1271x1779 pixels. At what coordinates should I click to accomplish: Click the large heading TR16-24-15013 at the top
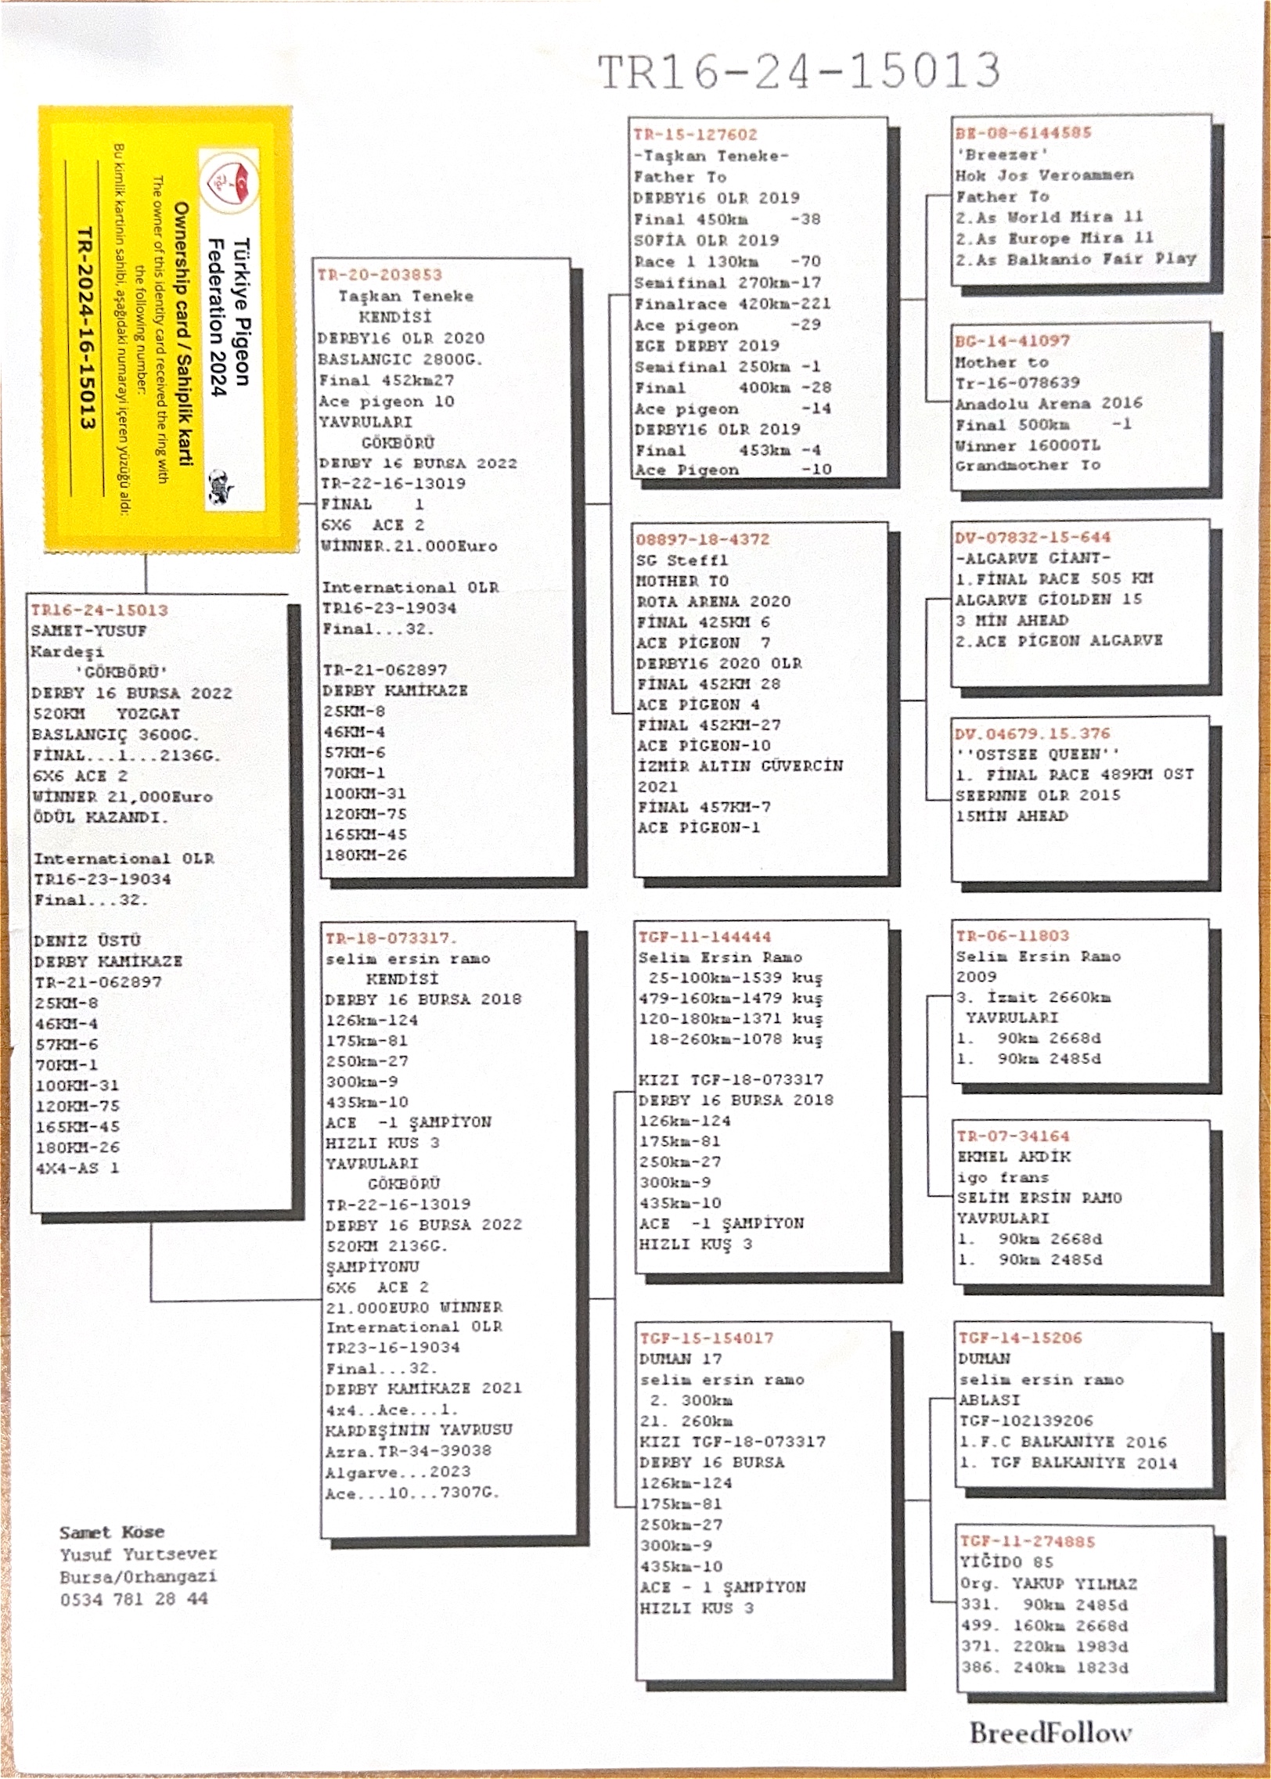798,72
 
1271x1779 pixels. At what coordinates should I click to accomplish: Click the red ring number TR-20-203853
380,275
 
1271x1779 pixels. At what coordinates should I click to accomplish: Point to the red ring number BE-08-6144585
1023,133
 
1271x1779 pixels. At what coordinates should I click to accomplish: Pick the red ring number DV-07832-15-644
1032,538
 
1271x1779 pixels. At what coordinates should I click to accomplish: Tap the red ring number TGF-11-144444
704,937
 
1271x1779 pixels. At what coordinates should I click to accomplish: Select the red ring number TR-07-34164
1012,1136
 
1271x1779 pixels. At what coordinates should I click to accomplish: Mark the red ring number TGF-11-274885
1028,1541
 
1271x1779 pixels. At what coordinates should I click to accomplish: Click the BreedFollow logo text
1050,1733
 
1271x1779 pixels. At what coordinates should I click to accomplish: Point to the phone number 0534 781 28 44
134,1599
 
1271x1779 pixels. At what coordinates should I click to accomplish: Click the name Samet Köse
112,1532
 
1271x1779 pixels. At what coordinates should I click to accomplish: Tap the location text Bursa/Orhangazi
138,1576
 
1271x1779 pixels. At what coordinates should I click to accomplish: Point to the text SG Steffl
682,560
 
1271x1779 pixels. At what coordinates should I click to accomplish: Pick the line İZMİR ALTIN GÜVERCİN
740,766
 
